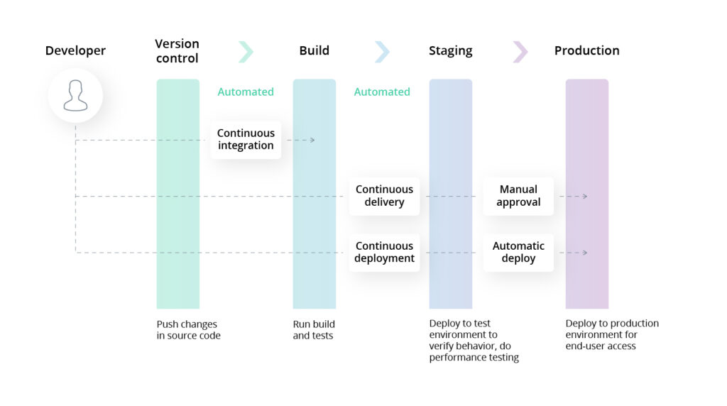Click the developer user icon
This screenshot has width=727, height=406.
75,96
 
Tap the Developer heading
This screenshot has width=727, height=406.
75,50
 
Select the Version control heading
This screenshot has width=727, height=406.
177,51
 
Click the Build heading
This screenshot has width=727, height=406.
315,50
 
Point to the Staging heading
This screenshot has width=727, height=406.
450,50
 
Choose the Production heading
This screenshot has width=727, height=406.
586,50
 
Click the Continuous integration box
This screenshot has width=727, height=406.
246,140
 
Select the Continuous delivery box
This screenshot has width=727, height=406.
384,196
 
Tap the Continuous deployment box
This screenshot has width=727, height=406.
384,253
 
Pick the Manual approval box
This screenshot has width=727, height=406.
518,196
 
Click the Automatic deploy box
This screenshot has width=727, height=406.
518,253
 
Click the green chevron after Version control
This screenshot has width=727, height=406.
246,51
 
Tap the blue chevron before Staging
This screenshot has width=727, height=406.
382,51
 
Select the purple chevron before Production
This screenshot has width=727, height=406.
520,51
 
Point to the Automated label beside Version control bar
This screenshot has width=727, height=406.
246,92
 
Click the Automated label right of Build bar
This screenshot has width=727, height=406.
382,92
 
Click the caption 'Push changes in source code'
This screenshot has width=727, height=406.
188,329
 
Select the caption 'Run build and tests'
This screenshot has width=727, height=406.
314,329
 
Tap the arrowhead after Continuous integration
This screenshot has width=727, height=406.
312,140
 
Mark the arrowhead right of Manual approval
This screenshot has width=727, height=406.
585,196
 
